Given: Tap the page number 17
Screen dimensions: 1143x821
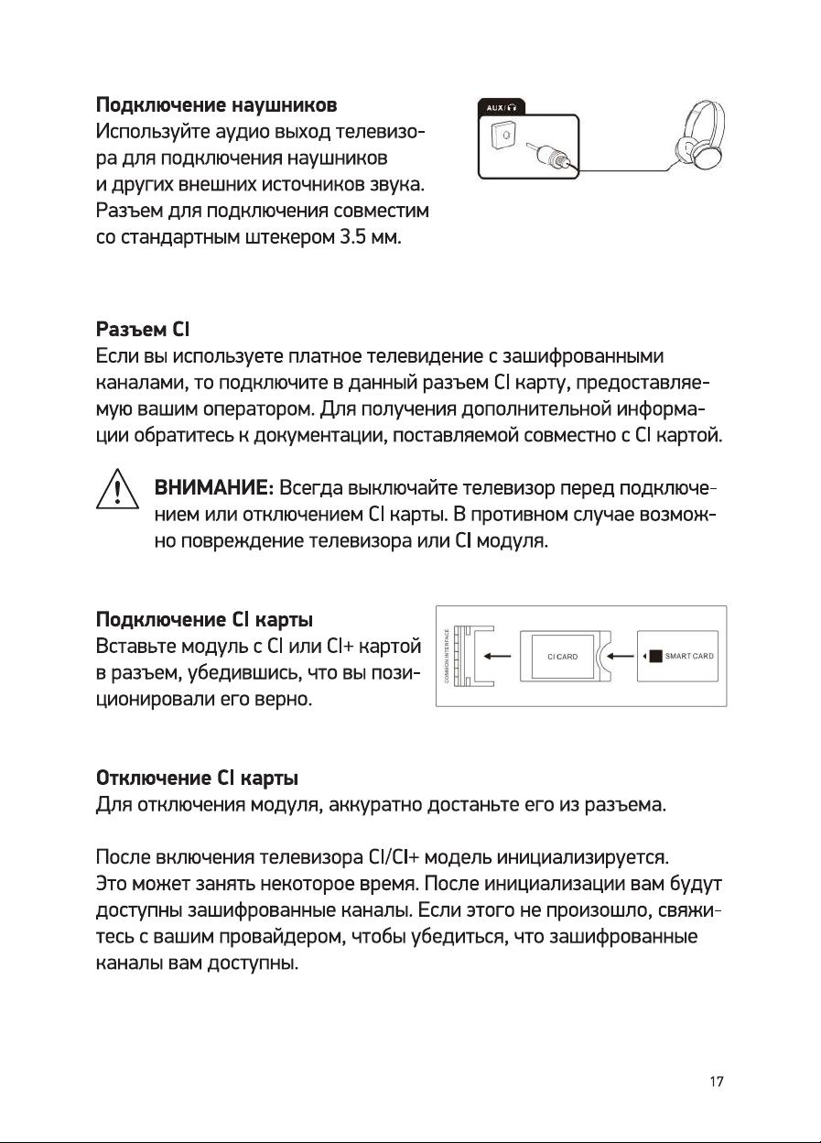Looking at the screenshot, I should [x=717, y=1082].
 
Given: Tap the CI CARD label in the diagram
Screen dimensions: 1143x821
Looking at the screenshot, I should [x=561, y=657].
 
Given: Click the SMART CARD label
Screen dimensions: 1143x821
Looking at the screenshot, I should [x=689, y=656].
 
